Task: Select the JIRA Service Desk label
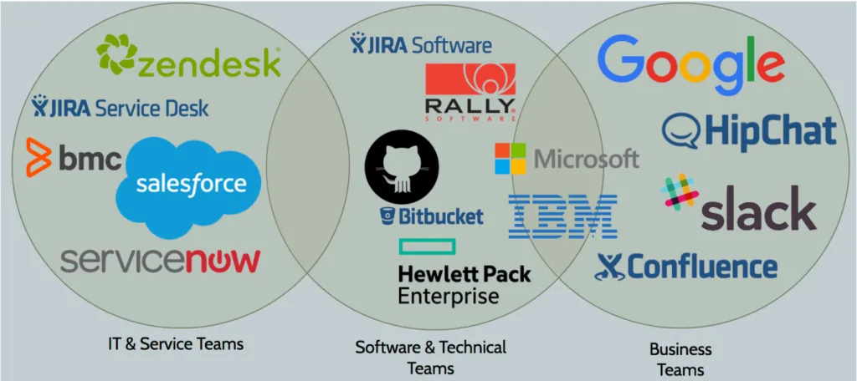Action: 121,108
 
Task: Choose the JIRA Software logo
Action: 421,44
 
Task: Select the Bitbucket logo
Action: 431,217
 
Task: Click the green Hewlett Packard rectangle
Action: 426,246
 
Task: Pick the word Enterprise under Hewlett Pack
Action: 449,296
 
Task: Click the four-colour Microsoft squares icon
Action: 511,158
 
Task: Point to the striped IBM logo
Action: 562,215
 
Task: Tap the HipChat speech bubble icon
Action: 681,130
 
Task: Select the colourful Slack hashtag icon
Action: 679,191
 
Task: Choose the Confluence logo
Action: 686,267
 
